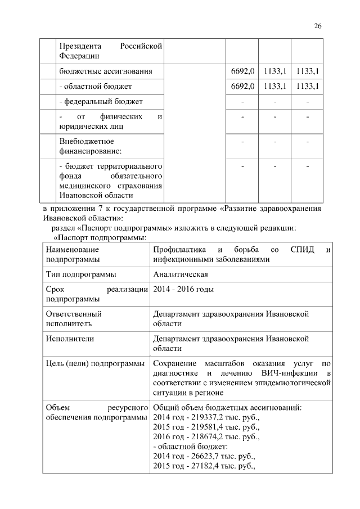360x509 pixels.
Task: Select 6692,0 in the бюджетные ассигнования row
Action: [x=243, y=71]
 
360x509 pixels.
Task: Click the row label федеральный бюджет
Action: [x=101, y=101]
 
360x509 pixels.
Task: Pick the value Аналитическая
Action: [x=181, y=274]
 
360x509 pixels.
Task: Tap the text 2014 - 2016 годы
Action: [x=183, y=290]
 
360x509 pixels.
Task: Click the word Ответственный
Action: [x=74, y=314]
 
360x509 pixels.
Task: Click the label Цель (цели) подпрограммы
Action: [x=94, y=364]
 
